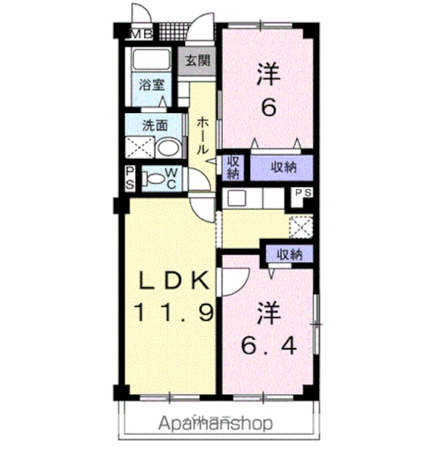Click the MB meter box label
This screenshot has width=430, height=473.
(x=141, y=35)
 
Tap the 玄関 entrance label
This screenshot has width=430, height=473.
(x=198, y=61)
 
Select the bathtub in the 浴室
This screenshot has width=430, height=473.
(x=151, y=60)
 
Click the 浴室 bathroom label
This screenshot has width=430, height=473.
(x=152, y=85)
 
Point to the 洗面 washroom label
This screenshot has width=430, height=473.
(x=155, y=126)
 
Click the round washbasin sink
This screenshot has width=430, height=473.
(x=168, y=147)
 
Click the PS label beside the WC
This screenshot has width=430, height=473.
(x=130, y=179)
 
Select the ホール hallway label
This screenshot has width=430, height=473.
(x=203, y=136)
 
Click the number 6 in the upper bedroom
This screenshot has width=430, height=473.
(x=269, y=108)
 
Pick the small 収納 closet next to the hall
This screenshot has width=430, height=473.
(x=233, y=168)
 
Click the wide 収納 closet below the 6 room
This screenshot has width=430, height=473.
(x=283, y=167)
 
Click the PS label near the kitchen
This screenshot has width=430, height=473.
(x=303, y=193)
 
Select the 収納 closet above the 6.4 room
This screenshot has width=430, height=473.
(x=289, y=255)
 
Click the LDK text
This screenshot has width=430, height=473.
(x=174, y=281)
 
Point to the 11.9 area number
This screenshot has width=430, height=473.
(x=174, y=312)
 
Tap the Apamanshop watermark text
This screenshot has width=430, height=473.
(x=216, y=423)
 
